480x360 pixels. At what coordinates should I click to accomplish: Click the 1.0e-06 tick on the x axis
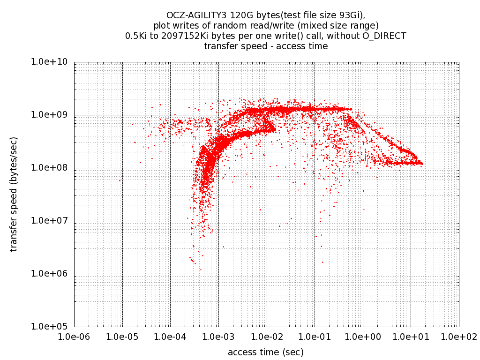(x=74, y=337)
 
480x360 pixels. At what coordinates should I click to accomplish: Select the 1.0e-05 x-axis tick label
(x=122, y=337)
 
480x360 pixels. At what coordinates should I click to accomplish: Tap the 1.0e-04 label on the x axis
(x=170, y=337)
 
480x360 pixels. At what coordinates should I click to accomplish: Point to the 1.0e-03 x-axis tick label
(x=218, y=337)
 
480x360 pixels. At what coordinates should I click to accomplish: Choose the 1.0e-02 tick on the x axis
(x=266, y=337)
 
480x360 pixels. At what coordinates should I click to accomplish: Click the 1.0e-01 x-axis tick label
(x=315, y=337)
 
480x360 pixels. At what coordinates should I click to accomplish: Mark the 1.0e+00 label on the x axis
(x=362, y=337)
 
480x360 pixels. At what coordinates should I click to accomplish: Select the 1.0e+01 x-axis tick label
(x=411, y=337)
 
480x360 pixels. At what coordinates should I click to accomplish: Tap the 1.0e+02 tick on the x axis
(x=458, y=337)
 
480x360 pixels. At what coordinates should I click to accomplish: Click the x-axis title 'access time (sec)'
(x=266, y=352)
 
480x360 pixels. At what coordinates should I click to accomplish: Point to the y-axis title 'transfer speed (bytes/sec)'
(x=14, y=194)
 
